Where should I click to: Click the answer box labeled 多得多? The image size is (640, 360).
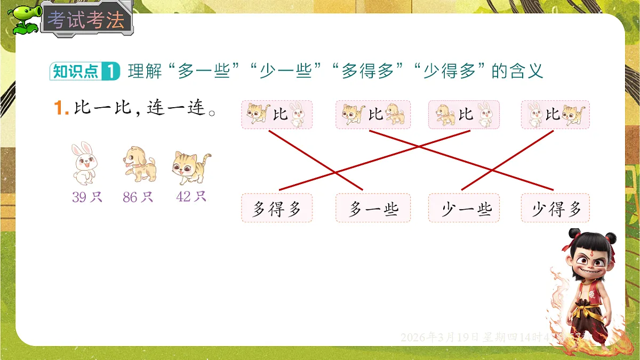[x=276, y=208]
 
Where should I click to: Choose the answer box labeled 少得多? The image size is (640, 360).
[x=555, y=208]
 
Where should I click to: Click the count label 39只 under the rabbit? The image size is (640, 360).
[x=87, y=197]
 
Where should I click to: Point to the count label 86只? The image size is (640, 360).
[x=138, y=197]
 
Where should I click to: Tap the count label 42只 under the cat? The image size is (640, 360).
[x=191, y=196]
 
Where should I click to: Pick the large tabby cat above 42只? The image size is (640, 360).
[x=191, y=166]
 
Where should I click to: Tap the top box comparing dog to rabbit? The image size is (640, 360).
[x=463, y=114]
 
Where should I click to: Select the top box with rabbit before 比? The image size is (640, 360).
[x=555, y=114]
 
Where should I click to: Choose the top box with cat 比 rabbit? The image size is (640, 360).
[x=276, y=114]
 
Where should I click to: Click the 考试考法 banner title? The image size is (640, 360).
[x=85, y=20]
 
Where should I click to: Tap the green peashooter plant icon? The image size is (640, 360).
[x=25, y=19]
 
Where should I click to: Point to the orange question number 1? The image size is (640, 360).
[x=61, y=108]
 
